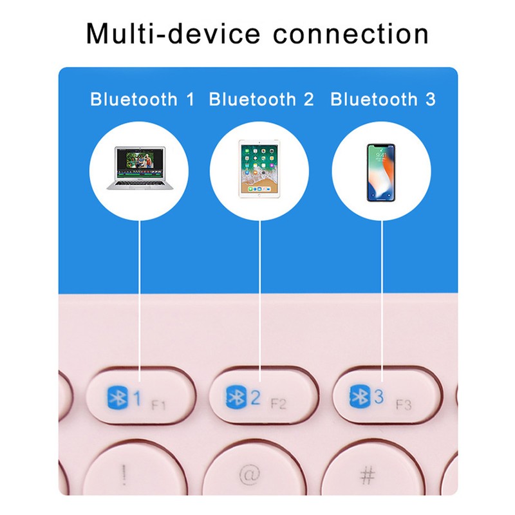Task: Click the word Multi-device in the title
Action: pyautogui.click(x=173, y=33)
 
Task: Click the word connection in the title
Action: pyautogui.click(x=351, y=34)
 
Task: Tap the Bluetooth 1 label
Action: pyautogui.click(x=142, y=99)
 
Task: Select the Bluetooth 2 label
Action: pyautogui.click(x=261, y=99)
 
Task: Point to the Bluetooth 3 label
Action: pyautogui.click(x=383, y=99)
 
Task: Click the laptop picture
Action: pyautogui.click(x=140, y=169)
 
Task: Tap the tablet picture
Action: pyautogui.click(x=259, y=169)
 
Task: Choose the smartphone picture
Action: pyautogui.click(x=381, y=173)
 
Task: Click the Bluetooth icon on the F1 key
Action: pyautogui.click(x=118, y=398)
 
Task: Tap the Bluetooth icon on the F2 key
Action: pyautogui.click(x=236, y=397)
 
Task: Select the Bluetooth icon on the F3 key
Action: pyautogui.click(x=360, y=396)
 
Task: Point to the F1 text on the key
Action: pyautogui.click(x=158, y=406)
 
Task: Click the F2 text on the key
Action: pyautogui.click(x=279, y=404)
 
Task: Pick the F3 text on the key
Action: pyautogui.click(x=404, y=405)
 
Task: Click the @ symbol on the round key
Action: pyautogui.click(x=250, y=474)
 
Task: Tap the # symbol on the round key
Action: pyautogui.click(x=368, y=475)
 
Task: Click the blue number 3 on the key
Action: pyautogui.click(x=379, y=396)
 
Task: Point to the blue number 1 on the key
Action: pyautogui.click(x=137, y=398)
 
